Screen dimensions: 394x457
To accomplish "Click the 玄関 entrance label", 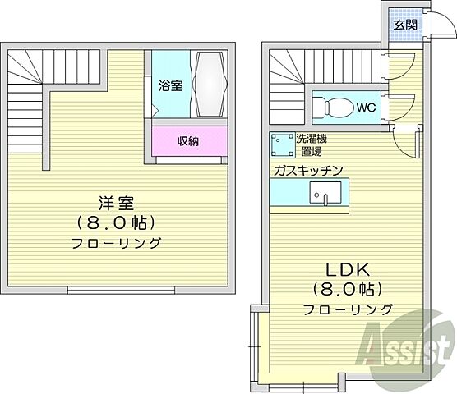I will [404, 25].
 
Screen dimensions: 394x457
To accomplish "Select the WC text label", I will [367, 107].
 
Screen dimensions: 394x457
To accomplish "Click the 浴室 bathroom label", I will [170, 84].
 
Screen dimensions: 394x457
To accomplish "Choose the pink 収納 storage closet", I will [187, 141].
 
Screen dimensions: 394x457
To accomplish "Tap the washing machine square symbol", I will [283, 146].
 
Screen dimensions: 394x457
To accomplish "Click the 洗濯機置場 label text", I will [311, 146].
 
